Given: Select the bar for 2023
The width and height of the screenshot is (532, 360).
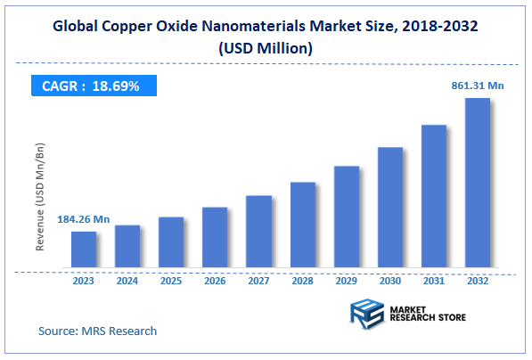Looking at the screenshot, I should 84,250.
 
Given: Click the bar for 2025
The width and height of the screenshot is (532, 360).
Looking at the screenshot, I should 171,242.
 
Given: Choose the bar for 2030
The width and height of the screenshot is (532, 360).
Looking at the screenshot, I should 389,208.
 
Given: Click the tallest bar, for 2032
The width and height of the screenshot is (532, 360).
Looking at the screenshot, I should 478,183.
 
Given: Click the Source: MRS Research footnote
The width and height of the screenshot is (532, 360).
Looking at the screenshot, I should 98,331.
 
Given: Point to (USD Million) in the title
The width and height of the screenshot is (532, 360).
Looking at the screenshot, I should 266,49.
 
